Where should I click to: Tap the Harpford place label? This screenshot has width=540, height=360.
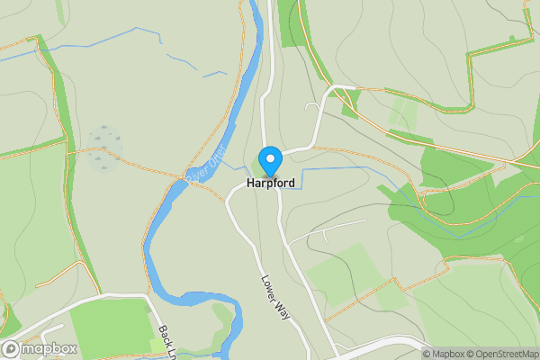(x=271, y=183)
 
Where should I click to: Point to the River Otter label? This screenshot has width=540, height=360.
(x=205, y=165)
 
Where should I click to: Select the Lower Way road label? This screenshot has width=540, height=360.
(x=274, y=292)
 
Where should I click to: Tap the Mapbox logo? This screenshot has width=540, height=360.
(x=39, y=348)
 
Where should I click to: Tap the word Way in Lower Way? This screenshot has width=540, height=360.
(x=282, y=305)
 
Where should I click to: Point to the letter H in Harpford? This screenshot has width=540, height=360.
(x=250, y=183)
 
